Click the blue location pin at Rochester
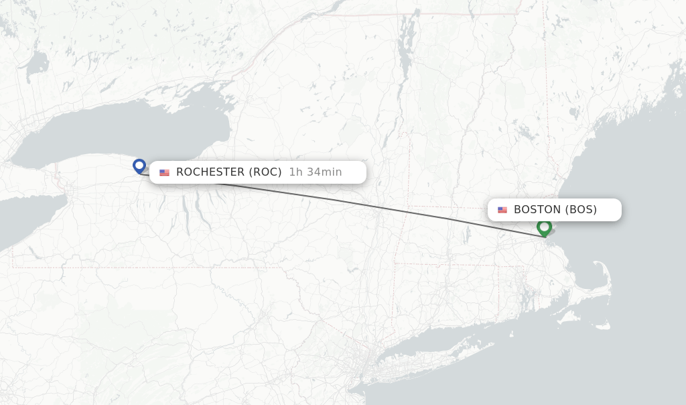pyautogui.click(x=139, y=166)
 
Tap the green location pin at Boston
pyautogui.click(x=544, y=227)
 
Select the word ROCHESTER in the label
pyautogui.click(x=210, y=172)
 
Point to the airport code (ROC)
pyautogui.click(x=265, y=172)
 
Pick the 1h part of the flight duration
pyautogui.click(x=295, y=172)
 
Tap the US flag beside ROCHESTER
pyautogui.click(x=164, y=173)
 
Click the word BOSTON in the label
pyautogui.click(x=537, y=210)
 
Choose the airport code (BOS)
pyautogui.click(x=581, y=210)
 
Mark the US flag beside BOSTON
pyautogui.click(x=502, y=211)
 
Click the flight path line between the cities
pyautogui.click(x=375, y=204)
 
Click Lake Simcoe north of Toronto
pyautogui.click(x=37, y=64)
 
